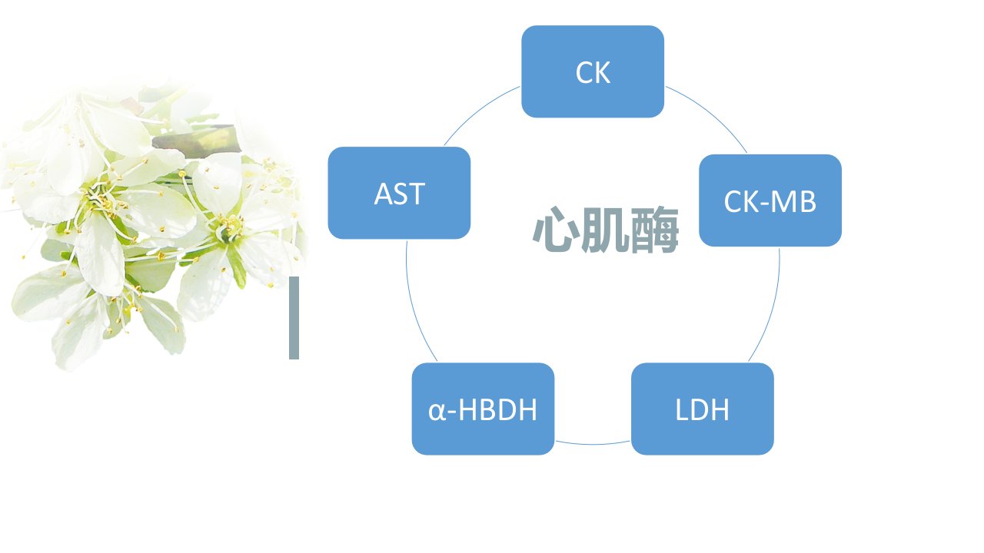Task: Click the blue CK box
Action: coord(593,71)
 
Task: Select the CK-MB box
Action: coord(770,200)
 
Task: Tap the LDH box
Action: coord(703,409)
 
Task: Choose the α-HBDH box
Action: coord(484,409)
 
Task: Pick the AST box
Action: coord(399,193)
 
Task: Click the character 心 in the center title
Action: coord(556,230)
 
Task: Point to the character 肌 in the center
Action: coord(605,230)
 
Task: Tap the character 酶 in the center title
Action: coord(655,230)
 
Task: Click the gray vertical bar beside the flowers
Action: coord(294,318)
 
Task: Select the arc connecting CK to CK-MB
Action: coord(711,112)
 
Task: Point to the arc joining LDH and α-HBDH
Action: coord(593,444)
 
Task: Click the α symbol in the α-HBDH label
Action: coord(437,412)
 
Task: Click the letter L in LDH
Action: coord(682,409)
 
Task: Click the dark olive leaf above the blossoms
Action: coord(196,137)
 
